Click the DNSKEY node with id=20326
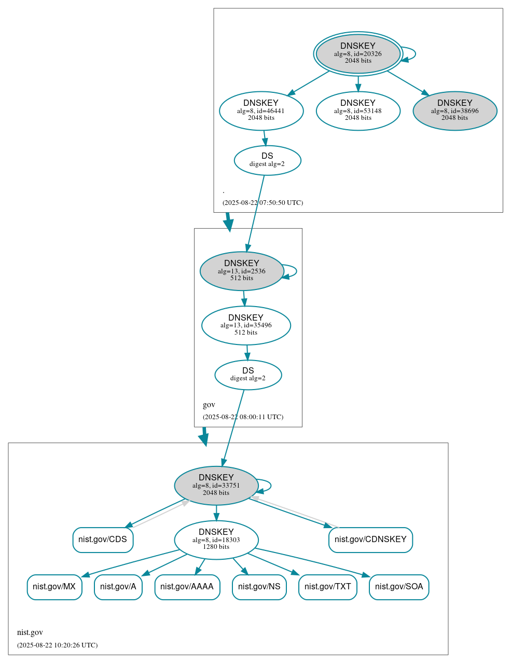click(358, 53)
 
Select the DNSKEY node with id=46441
click(261, 111)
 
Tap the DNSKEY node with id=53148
click(358, 111)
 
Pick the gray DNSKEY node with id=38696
click(455, 111)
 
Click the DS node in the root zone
click(267, 160)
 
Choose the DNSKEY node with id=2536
click(242, 271)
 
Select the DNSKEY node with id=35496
click(246, 325)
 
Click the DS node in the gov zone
click(248, 375)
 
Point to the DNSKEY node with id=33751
click(216, 486)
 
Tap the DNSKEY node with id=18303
click(216, 540)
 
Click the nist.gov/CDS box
click(103, 540)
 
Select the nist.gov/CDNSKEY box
click(370, 540)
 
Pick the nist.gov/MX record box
click(54, 587)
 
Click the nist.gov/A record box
click(118, 587)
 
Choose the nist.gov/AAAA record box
click(187, 587)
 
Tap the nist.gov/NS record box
click(259, 587)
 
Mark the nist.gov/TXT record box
click(328, 587)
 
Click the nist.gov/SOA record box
click(399, 587)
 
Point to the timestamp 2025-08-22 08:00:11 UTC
click(243, 417)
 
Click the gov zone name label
click(209, 405)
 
